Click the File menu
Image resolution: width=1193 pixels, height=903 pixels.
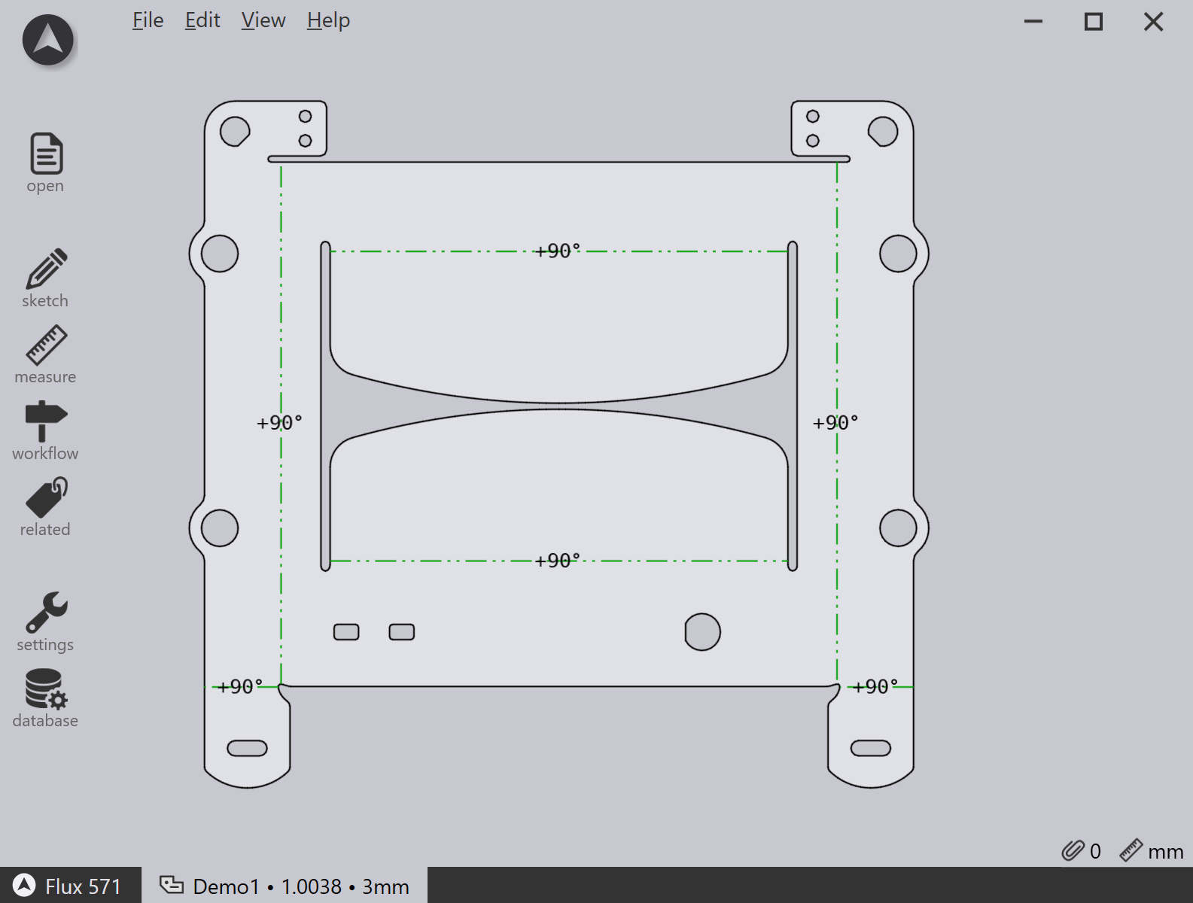point(148,20)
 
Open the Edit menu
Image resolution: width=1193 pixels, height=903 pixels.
point(202,20)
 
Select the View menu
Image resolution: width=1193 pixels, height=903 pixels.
point(263,20)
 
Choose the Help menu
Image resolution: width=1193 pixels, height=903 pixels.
point(328,20)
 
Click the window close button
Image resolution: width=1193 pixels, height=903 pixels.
point(1153,23)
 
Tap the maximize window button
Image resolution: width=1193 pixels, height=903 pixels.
point(1093,23)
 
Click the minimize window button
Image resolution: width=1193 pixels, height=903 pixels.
point(1033,22)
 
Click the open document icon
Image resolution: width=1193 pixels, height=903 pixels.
point(46,154)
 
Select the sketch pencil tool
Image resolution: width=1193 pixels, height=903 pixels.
point(46,269)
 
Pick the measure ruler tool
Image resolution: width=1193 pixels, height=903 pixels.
point(46,345)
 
